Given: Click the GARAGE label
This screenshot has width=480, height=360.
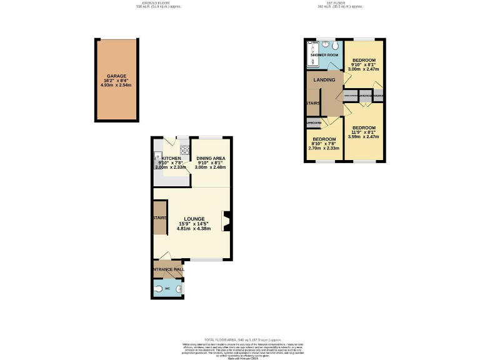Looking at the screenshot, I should (116, 76).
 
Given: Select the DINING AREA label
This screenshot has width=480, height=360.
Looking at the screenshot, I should (211, 159).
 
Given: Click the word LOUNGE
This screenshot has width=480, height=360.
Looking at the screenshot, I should (194, 219).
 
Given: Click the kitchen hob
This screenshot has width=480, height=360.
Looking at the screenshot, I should (184, 149).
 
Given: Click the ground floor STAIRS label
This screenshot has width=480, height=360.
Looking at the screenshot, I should (159, 218).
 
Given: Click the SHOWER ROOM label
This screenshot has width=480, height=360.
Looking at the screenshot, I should (324, 55).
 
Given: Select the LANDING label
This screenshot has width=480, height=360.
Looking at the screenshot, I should (325, 80).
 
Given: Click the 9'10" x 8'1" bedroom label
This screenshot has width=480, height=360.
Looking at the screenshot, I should (363, 60).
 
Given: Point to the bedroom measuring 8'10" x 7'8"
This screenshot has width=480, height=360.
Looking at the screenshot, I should (324, 139).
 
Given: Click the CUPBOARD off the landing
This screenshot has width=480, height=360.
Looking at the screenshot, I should (314, 123).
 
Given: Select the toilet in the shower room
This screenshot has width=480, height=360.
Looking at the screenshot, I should (336, 46).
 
